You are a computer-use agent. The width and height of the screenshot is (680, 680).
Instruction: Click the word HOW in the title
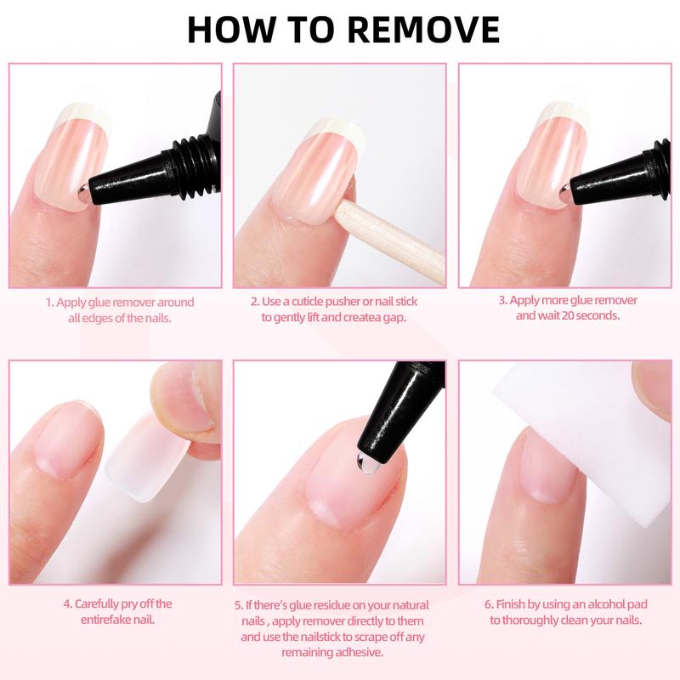click(224, 29)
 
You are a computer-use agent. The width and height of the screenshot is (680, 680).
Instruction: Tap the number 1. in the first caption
click(49, 303)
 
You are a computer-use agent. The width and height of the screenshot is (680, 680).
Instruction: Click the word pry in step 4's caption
click(134, 604)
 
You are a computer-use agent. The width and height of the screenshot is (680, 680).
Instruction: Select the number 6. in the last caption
click(489, 604)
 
